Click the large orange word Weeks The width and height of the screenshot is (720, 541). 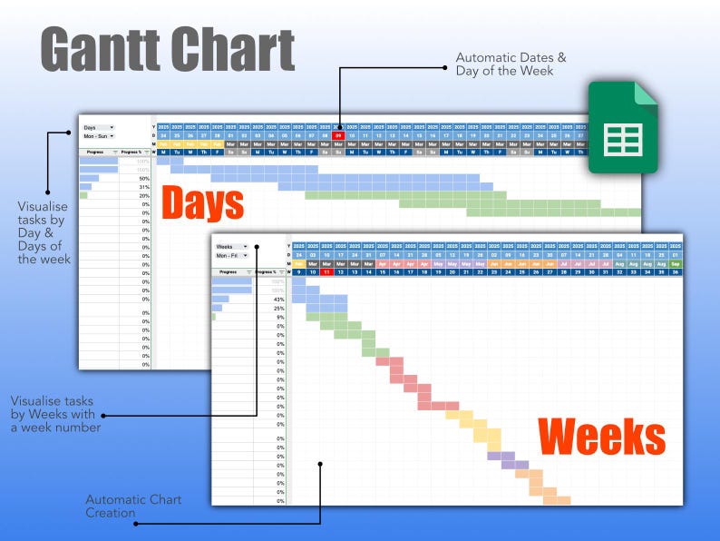pyautogui.click(x=601, y=438)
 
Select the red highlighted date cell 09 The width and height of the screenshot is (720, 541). pyautogui.click(x=338, y=135)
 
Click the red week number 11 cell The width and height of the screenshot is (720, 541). pyautogui.click(x=326, y=271)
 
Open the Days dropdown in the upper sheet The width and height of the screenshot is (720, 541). pyautogui.click(x=98, y=128)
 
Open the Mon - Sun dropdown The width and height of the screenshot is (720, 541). pyautogui.click(x=98, y=136)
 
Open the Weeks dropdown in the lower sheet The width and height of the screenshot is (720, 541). pyautogui.click(x=230, y=247)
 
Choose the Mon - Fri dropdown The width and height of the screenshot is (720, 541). pyautogui.click(x=230, y=256)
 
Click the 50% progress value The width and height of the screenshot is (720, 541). pyautogui.click(x=143, y=179)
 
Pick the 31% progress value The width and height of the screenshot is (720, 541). pyautogui.click(x=143, y=187)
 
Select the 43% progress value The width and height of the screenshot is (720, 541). pyautogui.click(x=278, y=299)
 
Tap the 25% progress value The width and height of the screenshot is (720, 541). pyautogui.click(x=278, y=308)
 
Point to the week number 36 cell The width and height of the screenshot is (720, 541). pyautogui.click(x=675, y=271)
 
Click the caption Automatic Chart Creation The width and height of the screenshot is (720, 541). pyautogui.click(x=133, y=507)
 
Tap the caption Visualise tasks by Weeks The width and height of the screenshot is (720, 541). pyautogui.click(x=55, y=413)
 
